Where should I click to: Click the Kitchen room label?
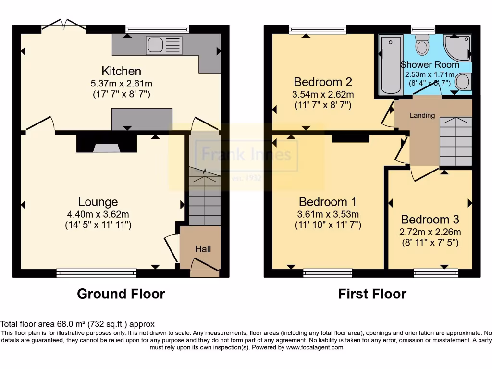coord(122,71)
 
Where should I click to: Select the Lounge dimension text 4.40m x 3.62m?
coord(98,214)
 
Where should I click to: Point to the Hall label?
coord(203,249)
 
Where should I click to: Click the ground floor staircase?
coord(204,197)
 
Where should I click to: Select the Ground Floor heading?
coord(121,294)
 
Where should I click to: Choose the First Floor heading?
coord(372,294)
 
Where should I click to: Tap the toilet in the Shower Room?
coord(423,47)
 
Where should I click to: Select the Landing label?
coord(422,115)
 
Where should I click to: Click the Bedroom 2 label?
coord(323,81)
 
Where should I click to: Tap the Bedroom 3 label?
coord(430,220)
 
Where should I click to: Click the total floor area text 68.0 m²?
coord(78,324)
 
